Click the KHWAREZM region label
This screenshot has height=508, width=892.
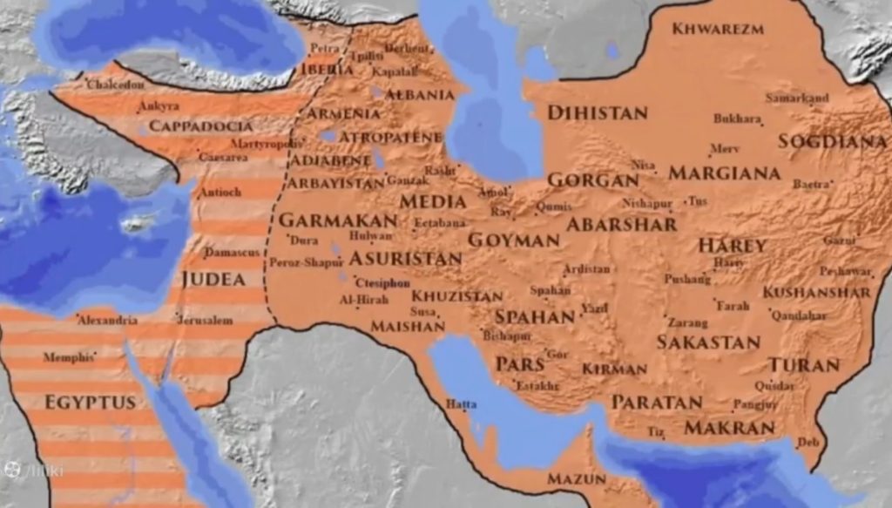[x=719, y=29]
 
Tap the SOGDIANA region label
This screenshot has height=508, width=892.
[x=832, y=141]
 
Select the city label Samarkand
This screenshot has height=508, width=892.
[x=797, y=98]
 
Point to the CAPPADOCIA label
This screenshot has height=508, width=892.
[x=200, y=126]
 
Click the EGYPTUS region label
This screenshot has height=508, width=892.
[x=90, y=403]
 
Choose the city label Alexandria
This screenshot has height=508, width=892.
[x=107, y=321]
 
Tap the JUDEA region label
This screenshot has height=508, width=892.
[x=213, y=280]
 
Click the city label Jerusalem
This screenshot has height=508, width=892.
[x=205, y=321]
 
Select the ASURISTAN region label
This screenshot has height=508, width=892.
[x=405, y=259]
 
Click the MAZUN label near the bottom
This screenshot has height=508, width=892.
[x=576, y=479]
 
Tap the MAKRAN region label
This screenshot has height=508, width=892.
[x=729, y=428]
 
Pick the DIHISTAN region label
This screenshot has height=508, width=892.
[x=597, y=113]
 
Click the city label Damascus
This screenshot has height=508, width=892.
[x=232, y=252]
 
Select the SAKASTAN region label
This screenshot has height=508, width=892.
[x=707, y=342]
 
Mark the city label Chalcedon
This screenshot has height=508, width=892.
[x=115, y=85]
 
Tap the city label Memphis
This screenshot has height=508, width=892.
[x=68, y=357]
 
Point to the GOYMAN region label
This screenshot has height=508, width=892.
[x=513, y=240]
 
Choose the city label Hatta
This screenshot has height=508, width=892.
[x=461, y=403]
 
